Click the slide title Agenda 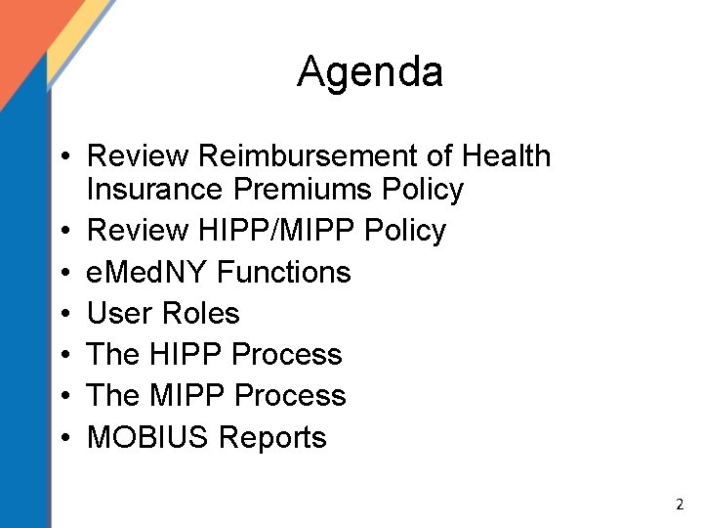pyautogui.click(x=370, y=71)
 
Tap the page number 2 pyautogui.click(x=680, y=506)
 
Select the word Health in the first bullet pyautogui.click(x=507, y=155)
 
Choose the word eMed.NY pyautogui.click(x=146, y=272)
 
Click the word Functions pyautogui.click(x=283, y=272)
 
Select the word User pyautogui.click(x=120, y=313)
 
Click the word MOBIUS pyautogui.click(x=149, y=437)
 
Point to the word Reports pyautogui.click(x=273, y=437)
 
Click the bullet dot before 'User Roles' pyautogui.click(x=62, y=314)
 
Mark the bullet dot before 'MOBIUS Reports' pyautogui.click(x=62, y=438)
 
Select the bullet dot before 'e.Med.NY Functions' pyautogui.click(x=62, y=273)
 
